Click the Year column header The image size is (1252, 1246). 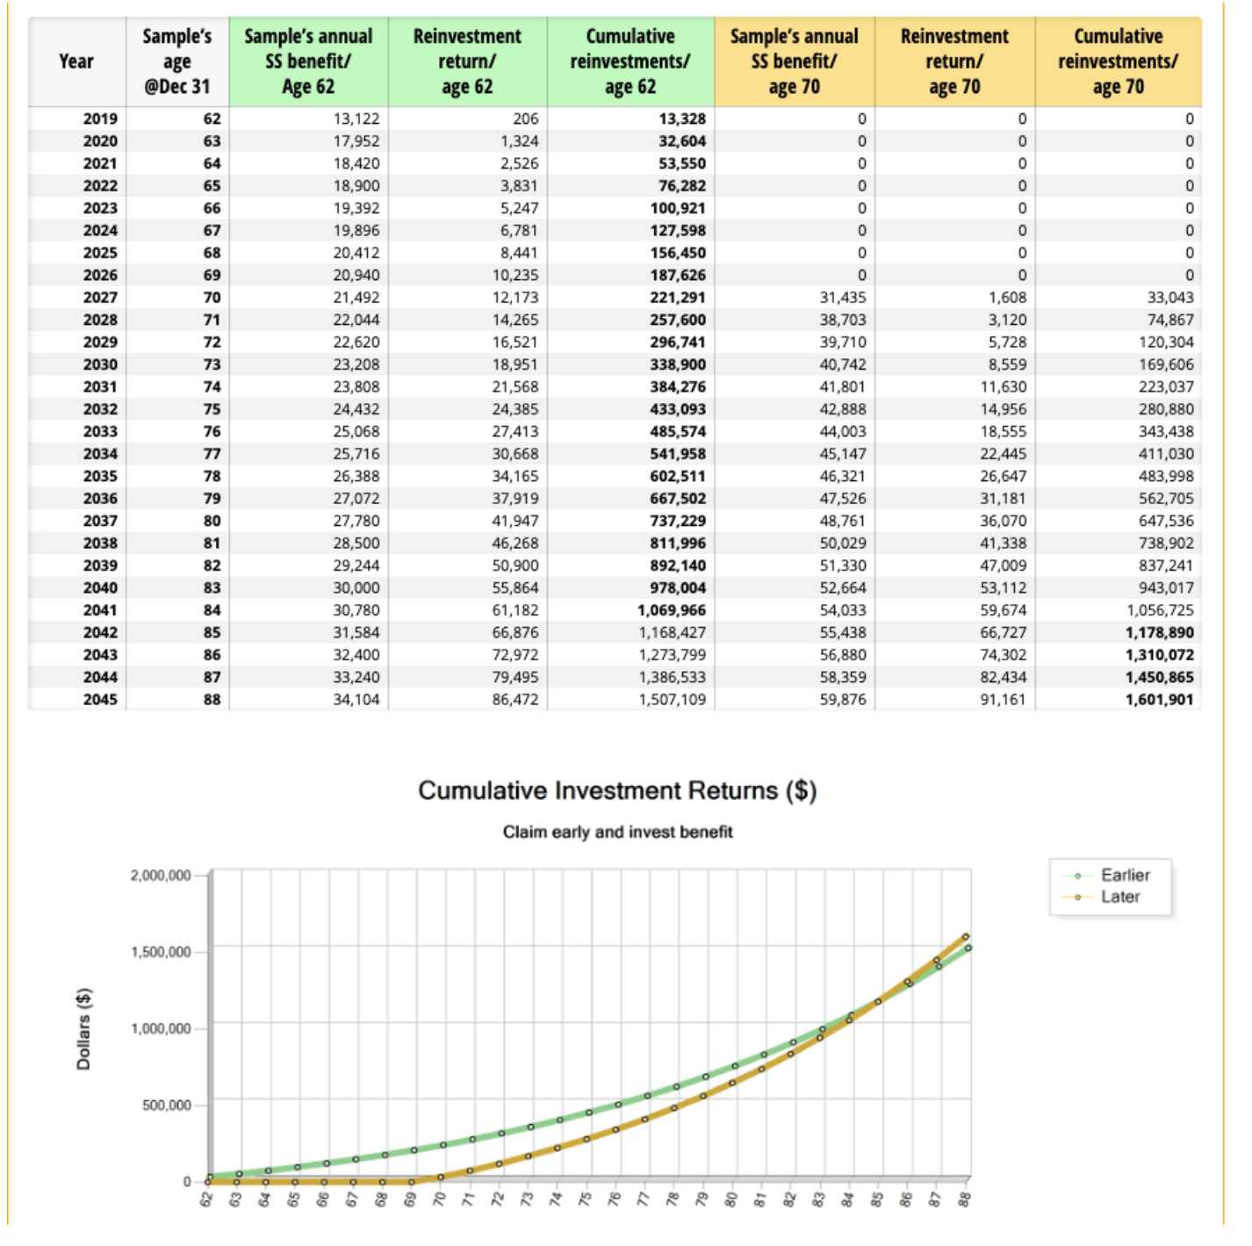click(x=76, y=61)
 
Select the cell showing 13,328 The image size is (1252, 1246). click(x=681, y=119)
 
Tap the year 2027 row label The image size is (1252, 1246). click(x=100, y=298)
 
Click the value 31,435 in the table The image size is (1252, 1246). click(x=843, y=298)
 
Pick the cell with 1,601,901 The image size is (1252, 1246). click(x=1159, y=699)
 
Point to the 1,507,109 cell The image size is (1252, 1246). click(x=672, y=699)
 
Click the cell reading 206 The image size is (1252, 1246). click(x=526, y=119)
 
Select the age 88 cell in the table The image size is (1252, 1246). click(x=212, y=699)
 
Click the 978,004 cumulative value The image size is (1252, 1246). click(x=678, y=587)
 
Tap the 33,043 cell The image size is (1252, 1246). click(x=1170, y=298)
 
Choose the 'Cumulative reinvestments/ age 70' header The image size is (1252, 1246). click(x=1118, y=61)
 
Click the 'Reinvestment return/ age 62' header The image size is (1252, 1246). click(x=467, y=61)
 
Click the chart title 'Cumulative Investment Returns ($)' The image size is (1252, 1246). click(x=617, y=790)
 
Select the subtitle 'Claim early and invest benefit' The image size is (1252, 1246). click(x=618, y=832)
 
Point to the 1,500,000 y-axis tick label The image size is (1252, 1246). click(x=162, y=952)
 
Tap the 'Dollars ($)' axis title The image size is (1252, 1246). click(x=83, y=1029)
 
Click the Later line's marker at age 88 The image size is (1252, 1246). click(x=966, y=937)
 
